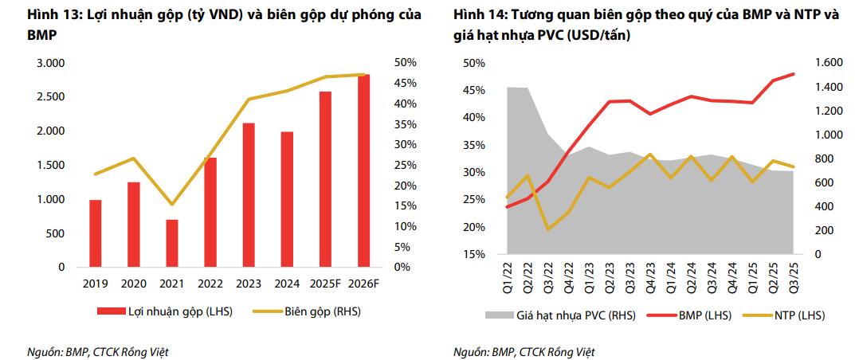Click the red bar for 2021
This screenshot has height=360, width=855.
[172, 243]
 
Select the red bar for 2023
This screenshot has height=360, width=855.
[249, 195]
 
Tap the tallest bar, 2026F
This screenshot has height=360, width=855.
[363, 170]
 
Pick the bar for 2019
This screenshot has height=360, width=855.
[96, 233]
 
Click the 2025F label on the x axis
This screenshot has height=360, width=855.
[325, 283]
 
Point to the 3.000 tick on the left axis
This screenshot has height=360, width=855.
[51, 63]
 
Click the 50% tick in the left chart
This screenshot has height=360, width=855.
[404, 63]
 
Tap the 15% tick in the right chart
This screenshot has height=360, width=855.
[474, 254]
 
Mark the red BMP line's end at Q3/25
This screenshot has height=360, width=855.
[793, 74]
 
